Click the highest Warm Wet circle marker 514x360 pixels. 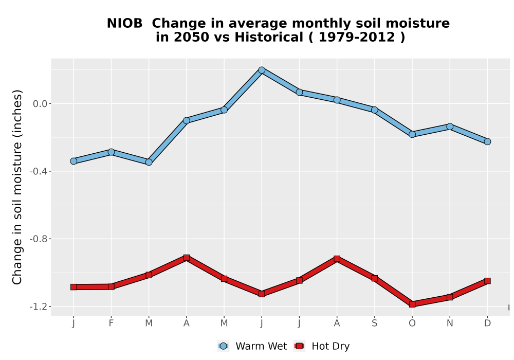[x=262, y=70]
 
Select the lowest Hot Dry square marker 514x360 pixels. [x=412, y=304]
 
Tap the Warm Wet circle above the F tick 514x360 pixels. [x=111, y=152]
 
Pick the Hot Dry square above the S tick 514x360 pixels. [x=374, y=278]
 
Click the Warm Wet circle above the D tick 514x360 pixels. [x=487, y=141]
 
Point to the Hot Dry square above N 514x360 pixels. [x=450, y=297]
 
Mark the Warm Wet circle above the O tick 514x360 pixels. [x=412, y=134]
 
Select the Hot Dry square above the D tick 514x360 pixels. [x=487, y=281]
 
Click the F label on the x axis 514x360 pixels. [x=111, y=323]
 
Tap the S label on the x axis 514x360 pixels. [x=374, y=323]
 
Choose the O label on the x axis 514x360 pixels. [x=412, y=323]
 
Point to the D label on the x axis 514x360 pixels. [x=487, y=323]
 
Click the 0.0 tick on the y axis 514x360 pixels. [x=40, y=104]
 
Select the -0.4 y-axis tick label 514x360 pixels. [x=39, y=171]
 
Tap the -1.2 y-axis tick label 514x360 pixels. [x=39, y=307]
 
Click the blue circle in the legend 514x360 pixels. [x=223, y=346]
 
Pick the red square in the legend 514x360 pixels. [x=299, y=346]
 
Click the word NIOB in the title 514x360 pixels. [x=124, y=24]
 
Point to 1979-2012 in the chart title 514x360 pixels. [x=356, y=38]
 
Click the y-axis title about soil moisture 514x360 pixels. [x=17, y=187]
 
